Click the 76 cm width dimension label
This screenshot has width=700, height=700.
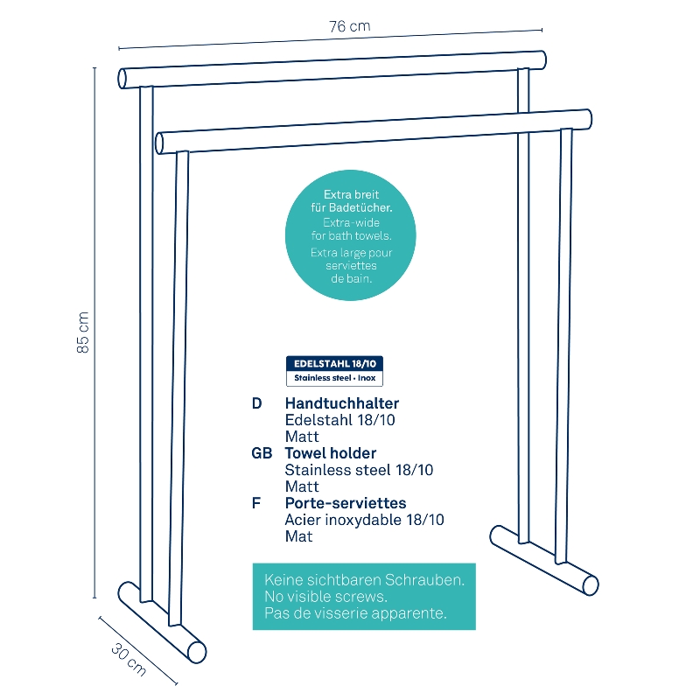349,26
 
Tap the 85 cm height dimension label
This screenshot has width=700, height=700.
83,332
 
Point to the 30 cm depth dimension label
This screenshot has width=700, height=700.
129,659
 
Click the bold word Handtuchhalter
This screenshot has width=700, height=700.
342,403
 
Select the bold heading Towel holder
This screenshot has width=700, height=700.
331,453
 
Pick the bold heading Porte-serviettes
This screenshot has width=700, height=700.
346,503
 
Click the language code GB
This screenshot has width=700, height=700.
262,453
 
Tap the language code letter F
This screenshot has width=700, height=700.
256,503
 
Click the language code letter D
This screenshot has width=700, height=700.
256,403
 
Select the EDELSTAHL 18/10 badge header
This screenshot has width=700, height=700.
335,363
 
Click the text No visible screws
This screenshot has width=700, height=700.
325,597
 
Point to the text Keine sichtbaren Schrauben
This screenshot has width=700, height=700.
364,580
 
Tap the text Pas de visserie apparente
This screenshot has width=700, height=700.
355,613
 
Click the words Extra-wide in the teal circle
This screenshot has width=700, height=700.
352,222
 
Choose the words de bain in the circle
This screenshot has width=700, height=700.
352,278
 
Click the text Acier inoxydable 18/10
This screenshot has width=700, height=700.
364,520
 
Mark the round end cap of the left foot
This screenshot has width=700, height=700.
197,652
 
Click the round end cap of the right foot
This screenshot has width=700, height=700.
591,585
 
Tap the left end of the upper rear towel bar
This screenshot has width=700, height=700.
122,79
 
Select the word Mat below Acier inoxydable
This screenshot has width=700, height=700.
298,536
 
